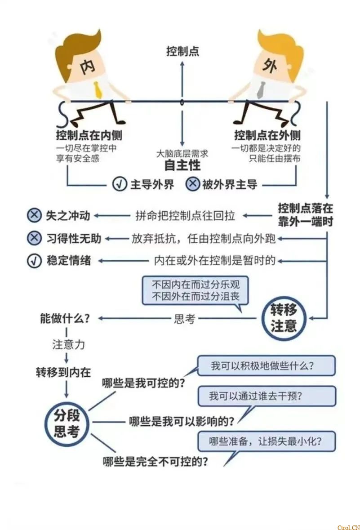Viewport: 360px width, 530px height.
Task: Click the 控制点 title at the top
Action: (x=182, y=51)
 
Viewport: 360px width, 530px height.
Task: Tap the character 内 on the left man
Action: (x=86, y=66)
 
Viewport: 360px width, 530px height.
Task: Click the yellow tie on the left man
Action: (x=98, y=90)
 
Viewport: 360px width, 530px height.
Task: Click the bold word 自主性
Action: (x=182, y=165)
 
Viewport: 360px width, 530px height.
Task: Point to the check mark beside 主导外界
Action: (x=120, y=184)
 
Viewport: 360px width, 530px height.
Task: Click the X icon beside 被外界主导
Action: (x=193, y=184)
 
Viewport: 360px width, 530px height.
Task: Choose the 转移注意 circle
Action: (x=284, y=318)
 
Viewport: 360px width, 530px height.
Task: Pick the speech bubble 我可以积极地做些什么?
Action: (x=267, y=365)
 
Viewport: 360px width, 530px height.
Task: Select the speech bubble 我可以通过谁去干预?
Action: (x=267, y=396)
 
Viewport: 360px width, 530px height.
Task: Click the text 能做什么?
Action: (x=65, y=319)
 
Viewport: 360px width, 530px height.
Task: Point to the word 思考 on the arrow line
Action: (x=184, y=319)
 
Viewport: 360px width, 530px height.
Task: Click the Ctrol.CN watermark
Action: (x=348, y=527)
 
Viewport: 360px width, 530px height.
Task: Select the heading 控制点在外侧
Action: (x=267, y=135)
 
